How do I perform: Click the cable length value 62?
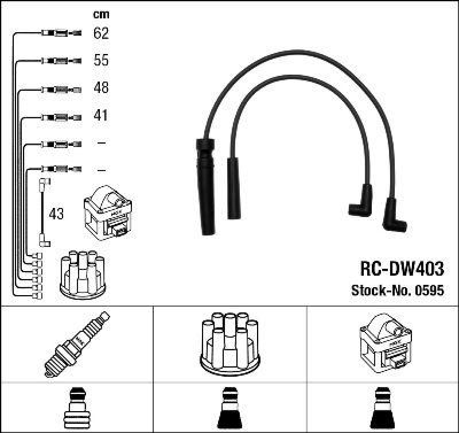[100, 33]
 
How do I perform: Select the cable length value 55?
[100, 60]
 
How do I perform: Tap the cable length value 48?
[100, 88]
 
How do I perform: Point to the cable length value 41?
[100, 115]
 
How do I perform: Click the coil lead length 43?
[56, 214]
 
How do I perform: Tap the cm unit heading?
[100, 14]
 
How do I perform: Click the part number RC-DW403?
[401, 268]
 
